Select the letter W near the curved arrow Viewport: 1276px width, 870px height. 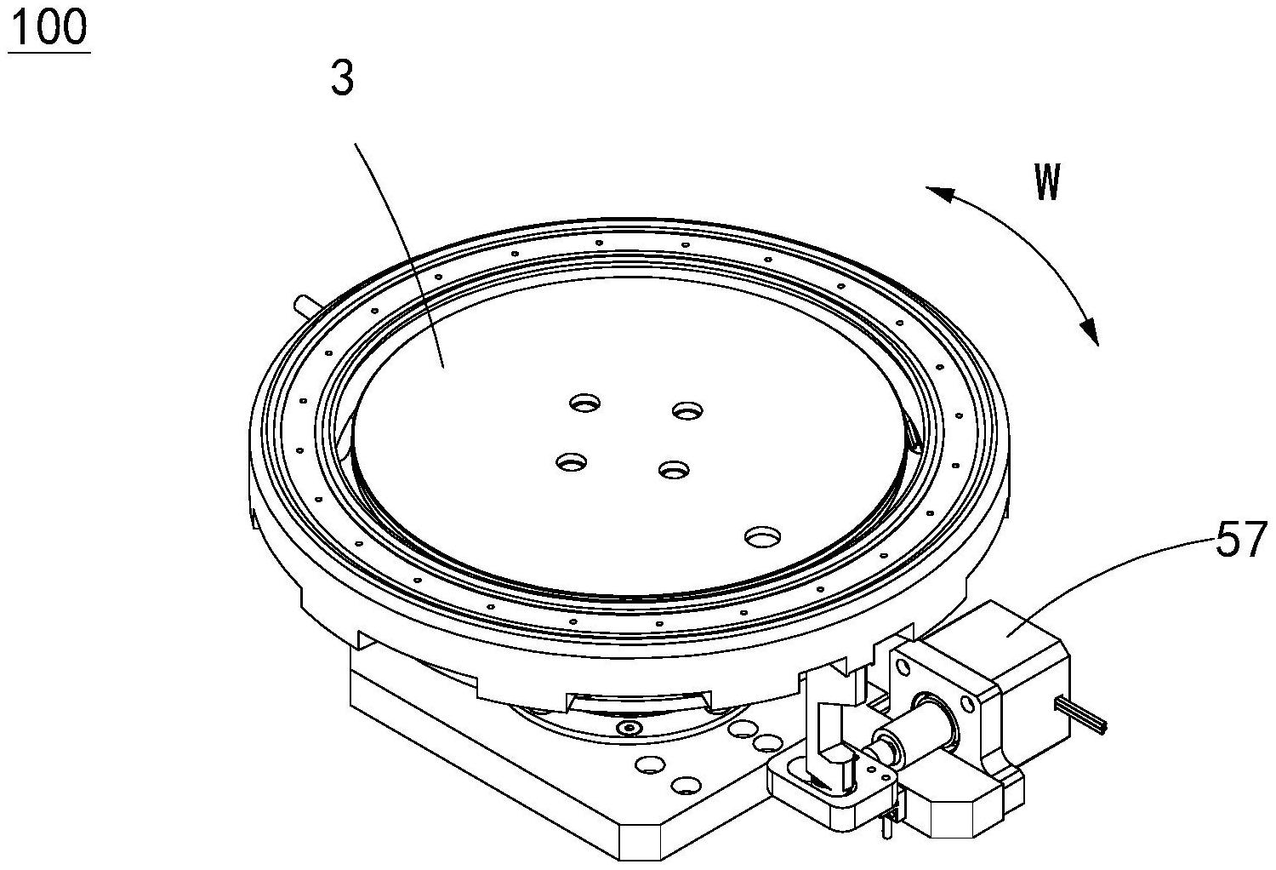(x=1047, y=182)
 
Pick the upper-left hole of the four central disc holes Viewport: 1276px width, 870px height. (x=585, y=403)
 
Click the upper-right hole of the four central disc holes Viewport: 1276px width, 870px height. (x=687, y=410)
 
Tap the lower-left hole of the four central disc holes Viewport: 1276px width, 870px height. (x=572, y=461)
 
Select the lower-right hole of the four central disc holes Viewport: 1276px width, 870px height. (x=674, y=469)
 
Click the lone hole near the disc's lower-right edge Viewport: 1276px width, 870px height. (x=762, y=536)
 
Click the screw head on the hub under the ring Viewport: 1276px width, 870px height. (x=629, y=728)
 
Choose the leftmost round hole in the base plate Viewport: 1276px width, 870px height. (x=651, y=764)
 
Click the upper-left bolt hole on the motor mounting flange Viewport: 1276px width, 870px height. (x=902, y=666)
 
